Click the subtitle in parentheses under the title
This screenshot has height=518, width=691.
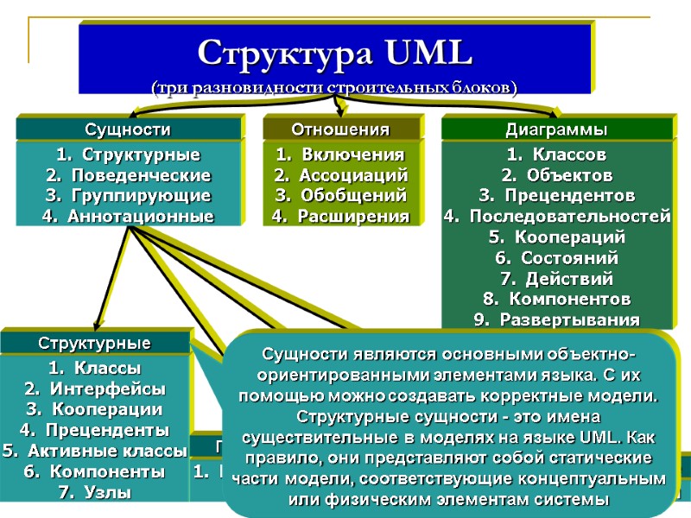click(x=334, y=87)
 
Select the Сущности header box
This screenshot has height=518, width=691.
click(x=127, y=129)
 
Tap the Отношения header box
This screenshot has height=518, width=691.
click(x=340, y=129)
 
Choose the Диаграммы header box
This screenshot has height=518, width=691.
click(x=556, y=129)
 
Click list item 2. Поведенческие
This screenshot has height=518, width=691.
click(x=128, y=175)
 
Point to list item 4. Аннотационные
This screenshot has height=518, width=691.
click(x=128, y=216)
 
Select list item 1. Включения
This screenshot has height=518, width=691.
click(x=340, y=155)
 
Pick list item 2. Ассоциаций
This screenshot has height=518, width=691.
click(x=340, y=175)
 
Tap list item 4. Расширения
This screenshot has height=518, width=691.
click(x=340, y=216)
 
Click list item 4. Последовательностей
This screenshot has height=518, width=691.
click(x=557, y=216)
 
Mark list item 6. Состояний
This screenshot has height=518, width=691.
click(x=557, y=257)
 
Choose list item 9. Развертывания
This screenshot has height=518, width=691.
click(x=557, y=319)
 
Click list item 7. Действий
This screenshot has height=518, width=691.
click(x=557, y=279)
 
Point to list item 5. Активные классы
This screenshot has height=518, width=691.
click(x=95, y=450)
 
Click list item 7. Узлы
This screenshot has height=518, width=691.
click(x=94, y=493)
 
